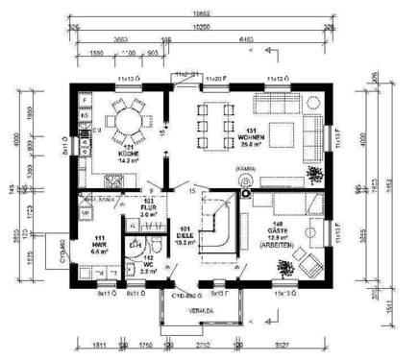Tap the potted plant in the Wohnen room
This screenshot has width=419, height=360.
[x=316, y=173]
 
